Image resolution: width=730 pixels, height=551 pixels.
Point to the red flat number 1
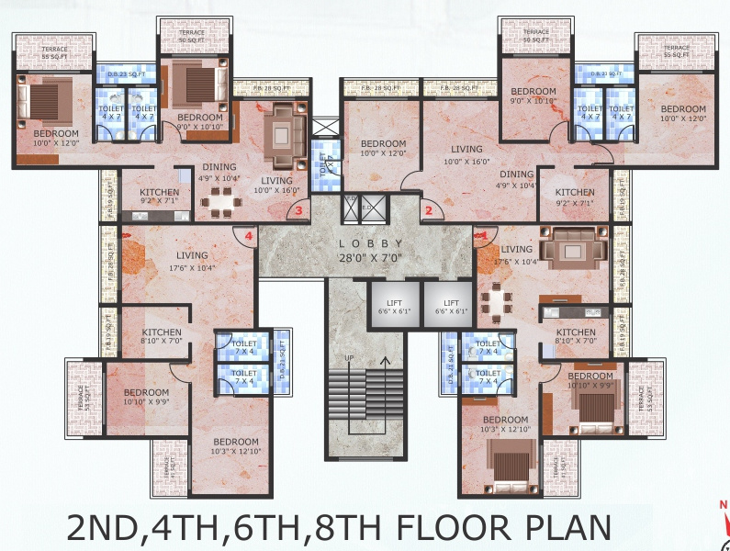click(481, 237)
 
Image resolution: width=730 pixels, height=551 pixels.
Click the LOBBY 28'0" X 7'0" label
click(366, 249)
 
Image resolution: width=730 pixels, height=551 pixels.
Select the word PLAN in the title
click(561, 529)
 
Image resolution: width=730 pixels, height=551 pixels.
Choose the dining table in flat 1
click(497, 299)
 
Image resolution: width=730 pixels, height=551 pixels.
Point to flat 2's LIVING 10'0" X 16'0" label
click(466, 155)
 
